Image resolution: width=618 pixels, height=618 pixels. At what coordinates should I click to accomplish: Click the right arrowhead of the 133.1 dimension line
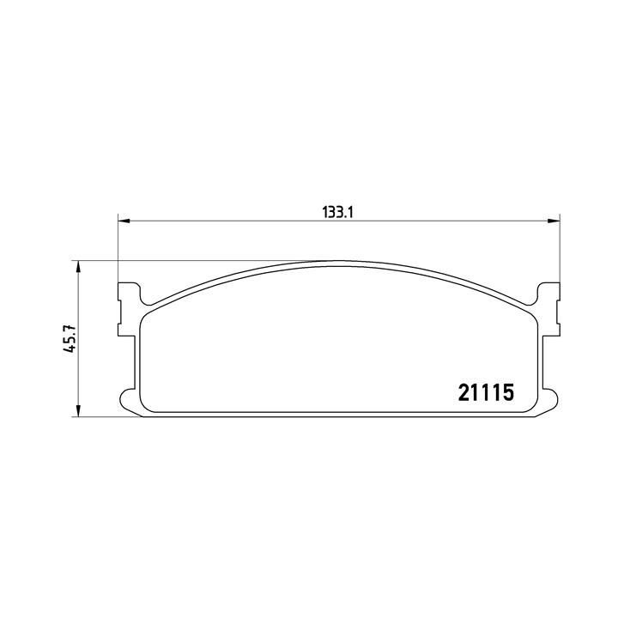[x=554, y=222]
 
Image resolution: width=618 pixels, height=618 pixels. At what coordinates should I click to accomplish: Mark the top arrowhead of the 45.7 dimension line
[x=79, y=267]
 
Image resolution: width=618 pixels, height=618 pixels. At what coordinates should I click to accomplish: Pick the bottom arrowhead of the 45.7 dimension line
[x=79, y=413]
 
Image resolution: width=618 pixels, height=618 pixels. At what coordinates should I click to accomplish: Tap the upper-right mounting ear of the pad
[x=547, y=296]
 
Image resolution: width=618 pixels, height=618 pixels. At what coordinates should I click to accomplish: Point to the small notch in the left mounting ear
[x=119, y=302]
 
